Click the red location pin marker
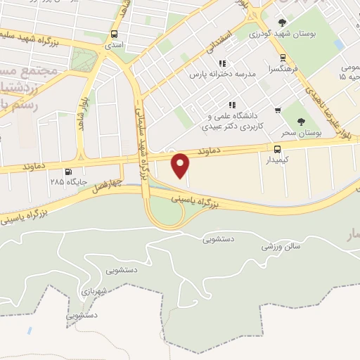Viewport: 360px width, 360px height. tap(181, 165)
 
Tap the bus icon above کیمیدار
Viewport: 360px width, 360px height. tap(277, 148)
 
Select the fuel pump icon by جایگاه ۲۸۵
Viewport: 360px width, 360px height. tap(68, 172)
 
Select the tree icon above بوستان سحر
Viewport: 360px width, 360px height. tap(302, 121)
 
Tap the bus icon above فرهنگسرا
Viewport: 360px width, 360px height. tap(283, 58)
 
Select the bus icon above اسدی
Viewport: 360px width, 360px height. tap(114, 34)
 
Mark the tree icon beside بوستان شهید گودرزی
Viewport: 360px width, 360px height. tap(283, 22)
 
